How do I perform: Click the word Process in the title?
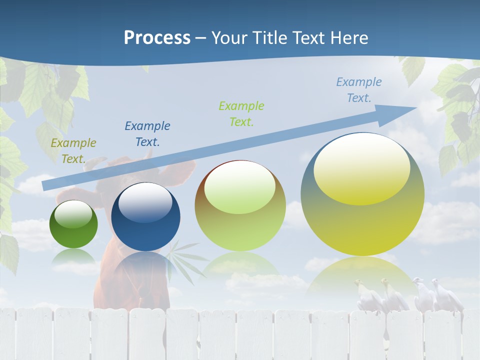pos(157,38)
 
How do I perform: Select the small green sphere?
pos(73,224)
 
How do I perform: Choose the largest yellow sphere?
pos(362,195)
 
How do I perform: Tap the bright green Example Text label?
pos(241,113)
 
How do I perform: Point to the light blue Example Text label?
pos(359,90)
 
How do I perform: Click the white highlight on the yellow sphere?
pos(361,170)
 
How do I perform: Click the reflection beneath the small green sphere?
pos(73,257)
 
